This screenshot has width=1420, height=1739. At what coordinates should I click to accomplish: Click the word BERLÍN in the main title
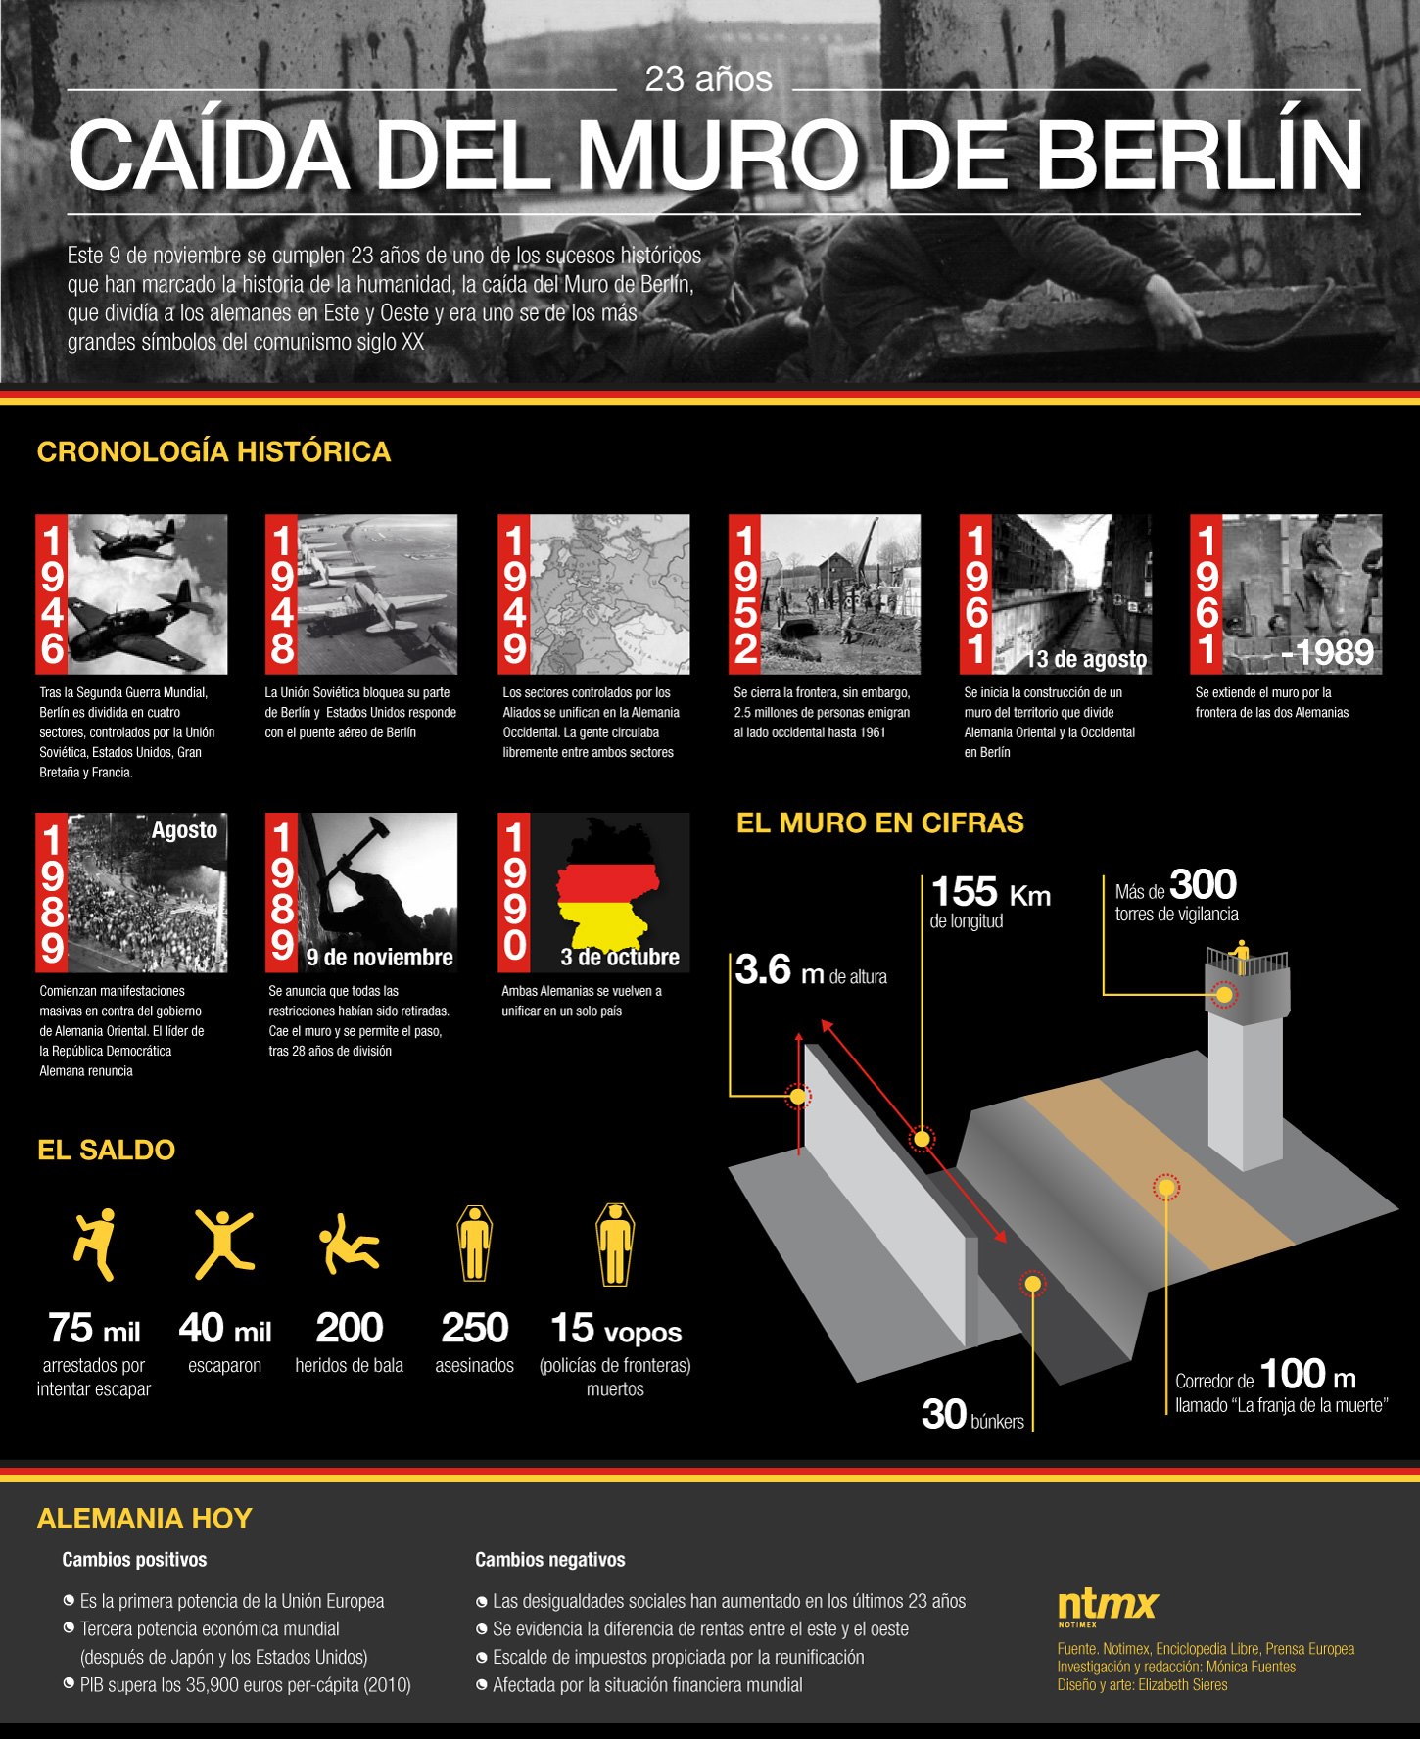point(1198,154)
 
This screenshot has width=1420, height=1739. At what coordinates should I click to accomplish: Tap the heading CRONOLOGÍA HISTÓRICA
point(213,451)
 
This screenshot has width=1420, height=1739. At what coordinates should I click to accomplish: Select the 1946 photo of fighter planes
point(131,594)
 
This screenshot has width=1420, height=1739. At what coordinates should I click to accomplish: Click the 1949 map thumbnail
point(593,594)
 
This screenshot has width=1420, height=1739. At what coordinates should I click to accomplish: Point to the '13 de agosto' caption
point(1086,660)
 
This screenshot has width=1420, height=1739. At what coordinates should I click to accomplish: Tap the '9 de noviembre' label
point(379,957)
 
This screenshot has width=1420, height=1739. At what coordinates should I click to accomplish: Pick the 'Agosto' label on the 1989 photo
point(184,830)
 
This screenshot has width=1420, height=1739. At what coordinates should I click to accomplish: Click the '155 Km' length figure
point(990,892)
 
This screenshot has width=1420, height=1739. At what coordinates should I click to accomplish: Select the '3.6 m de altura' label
point(811,970)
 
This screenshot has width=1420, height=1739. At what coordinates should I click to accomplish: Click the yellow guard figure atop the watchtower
point(1242,956)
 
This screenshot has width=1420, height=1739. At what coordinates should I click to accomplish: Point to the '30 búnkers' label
point(972,1415)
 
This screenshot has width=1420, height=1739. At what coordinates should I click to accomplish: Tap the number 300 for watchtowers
point(1203,884)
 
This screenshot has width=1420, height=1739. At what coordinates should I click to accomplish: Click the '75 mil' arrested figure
point(94,1329)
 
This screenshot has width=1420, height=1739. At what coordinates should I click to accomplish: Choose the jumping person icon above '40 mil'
point(224,1244)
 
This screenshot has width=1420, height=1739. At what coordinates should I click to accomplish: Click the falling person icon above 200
point(349,1244)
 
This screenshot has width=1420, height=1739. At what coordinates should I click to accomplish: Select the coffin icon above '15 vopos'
point(614,1244)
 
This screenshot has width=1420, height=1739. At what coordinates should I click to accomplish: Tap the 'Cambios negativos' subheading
point(550,1559)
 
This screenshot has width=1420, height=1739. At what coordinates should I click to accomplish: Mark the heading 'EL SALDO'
point(106,1150)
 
